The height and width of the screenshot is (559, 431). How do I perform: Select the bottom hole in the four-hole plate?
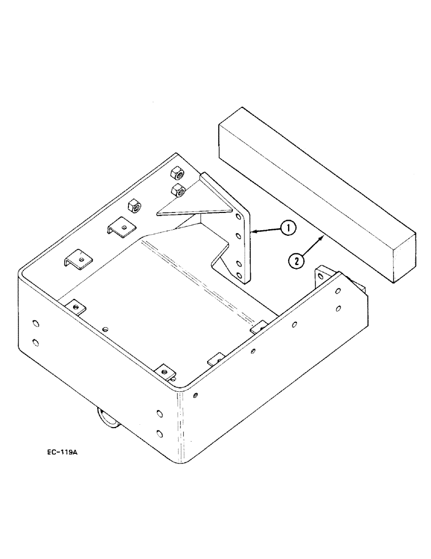pos(239,275)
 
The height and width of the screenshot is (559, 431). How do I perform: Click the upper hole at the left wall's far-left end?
pos(36,323)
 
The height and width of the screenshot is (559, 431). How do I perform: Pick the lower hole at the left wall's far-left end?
pos(36,341)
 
